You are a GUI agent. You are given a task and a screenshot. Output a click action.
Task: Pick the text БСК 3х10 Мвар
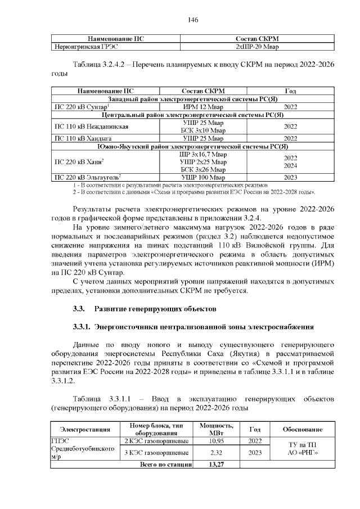pos(203,130)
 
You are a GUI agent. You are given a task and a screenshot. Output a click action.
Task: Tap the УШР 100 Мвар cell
pos(203,177)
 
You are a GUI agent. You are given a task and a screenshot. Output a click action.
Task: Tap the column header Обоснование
pos(305,429)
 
